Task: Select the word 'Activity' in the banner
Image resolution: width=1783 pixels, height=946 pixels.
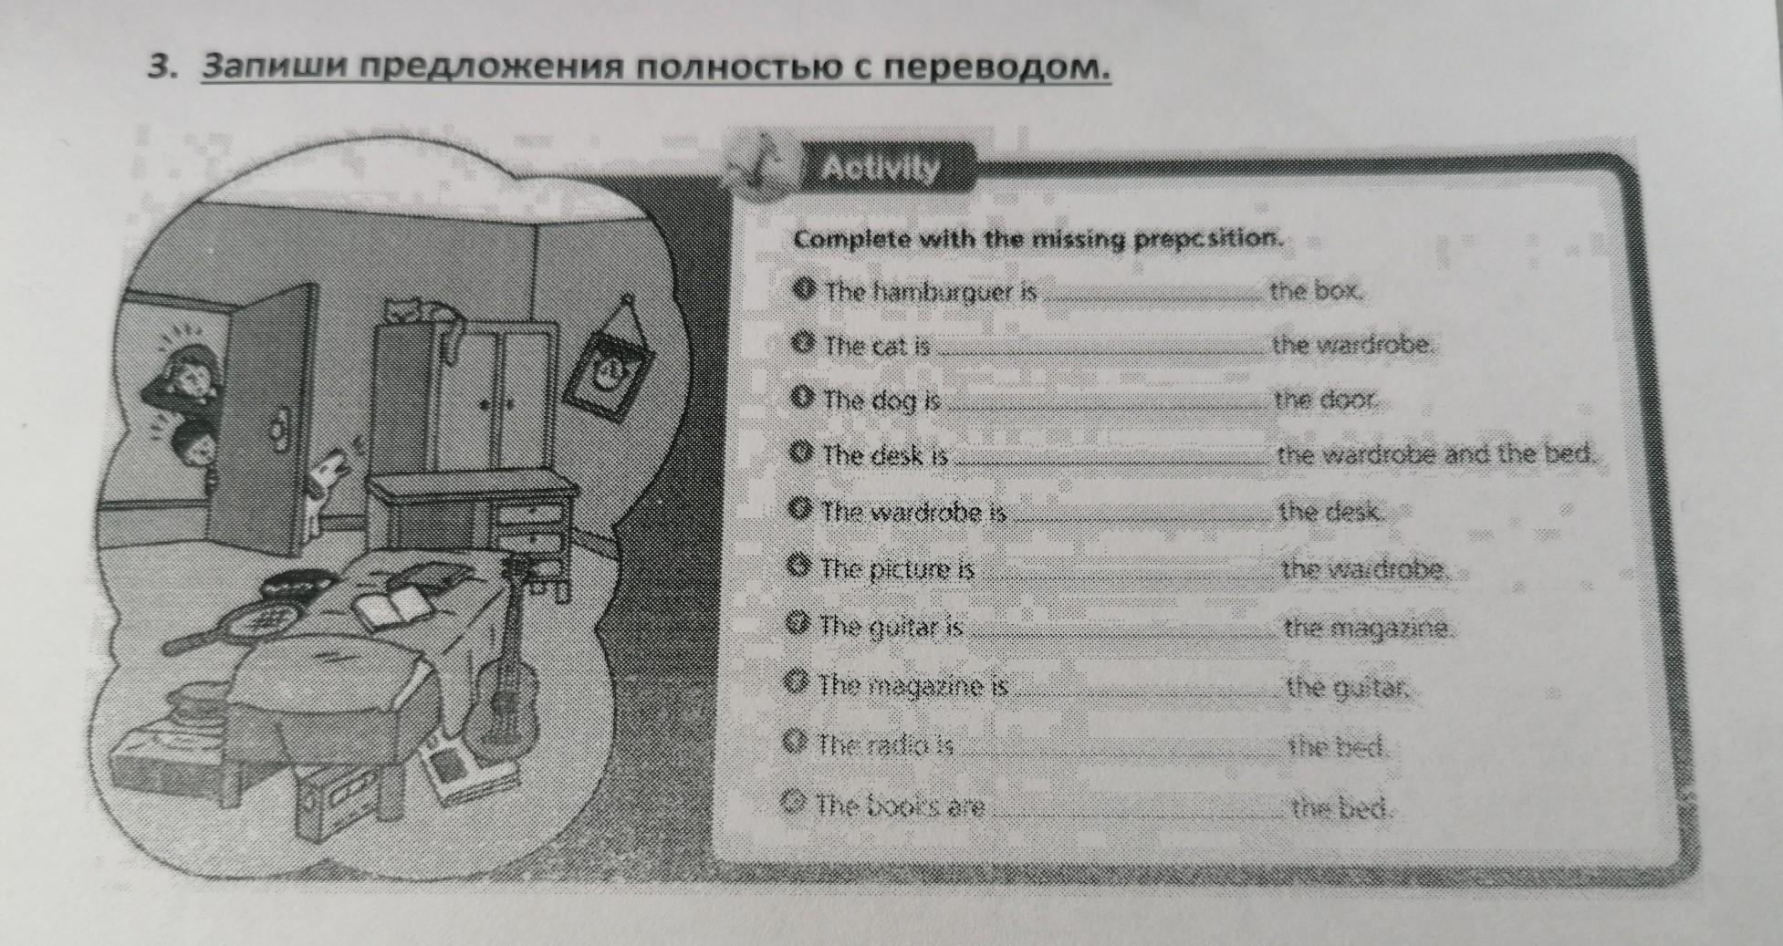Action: coord(880,170)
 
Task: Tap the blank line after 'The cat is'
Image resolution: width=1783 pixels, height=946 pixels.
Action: coord(1100,351)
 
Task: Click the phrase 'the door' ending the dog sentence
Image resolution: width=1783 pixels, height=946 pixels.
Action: coord(1325,400)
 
